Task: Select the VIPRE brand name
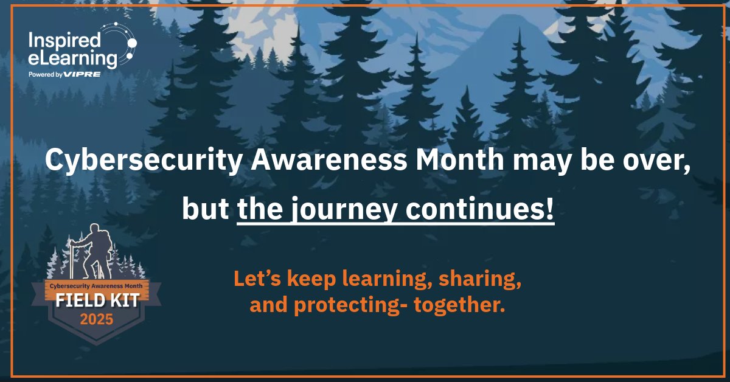(x=85, y=74)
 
